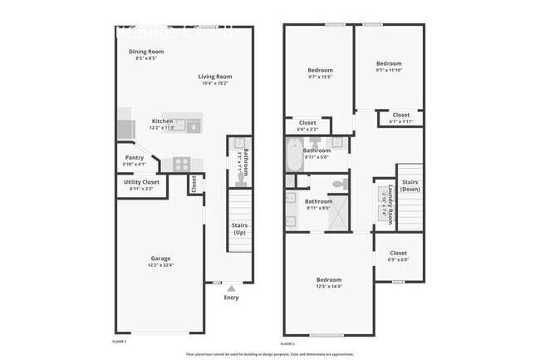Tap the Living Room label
tap(214, 77)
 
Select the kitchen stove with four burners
tap(181, 162)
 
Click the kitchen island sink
tap(193, 126)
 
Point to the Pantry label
tap(135, 157)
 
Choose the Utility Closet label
tap(141, 181)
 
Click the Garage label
tap(160, 258)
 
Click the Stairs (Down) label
tap(410, 185)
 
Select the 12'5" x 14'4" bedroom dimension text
tap(328, 287)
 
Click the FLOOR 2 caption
tap(288, 343)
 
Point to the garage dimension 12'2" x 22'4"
tap(161, 265)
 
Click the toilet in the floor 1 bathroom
tap(239, 163)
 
